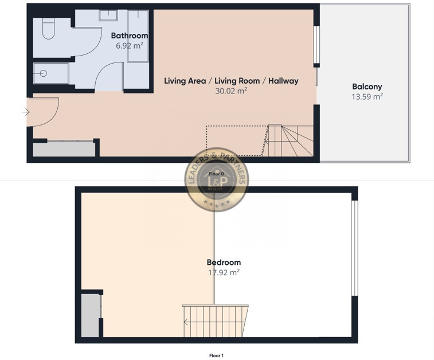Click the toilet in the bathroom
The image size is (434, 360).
(x=48, y=29)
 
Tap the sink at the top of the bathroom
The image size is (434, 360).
(x=108, y=15)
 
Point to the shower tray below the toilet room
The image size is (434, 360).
(x=50, y=73)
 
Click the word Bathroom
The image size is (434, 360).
(x=129, y=36)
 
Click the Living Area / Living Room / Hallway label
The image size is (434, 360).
(x=231, y=81)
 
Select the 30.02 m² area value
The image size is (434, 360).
(x=231, y=91)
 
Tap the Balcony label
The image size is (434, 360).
(x=367, y=87)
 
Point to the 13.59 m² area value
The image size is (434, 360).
(x=367, y=96)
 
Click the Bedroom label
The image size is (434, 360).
(x=224, y=263)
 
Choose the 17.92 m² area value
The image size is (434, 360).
(x=224, y=272)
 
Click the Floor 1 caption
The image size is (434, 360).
(x=216, y=355)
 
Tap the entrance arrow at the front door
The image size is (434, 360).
(x=26, y=112)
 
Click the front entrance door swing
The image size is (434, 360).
(x=45, y=112)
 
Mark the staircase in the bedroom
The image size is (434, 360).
(x=216, y=322)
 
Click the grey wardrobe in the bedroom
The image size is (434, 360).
(x=90, y=315)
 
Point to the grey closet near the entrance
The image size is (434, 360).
(x=64, y=149)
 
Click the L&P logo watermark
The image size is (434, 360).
(x=216, y=179)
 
